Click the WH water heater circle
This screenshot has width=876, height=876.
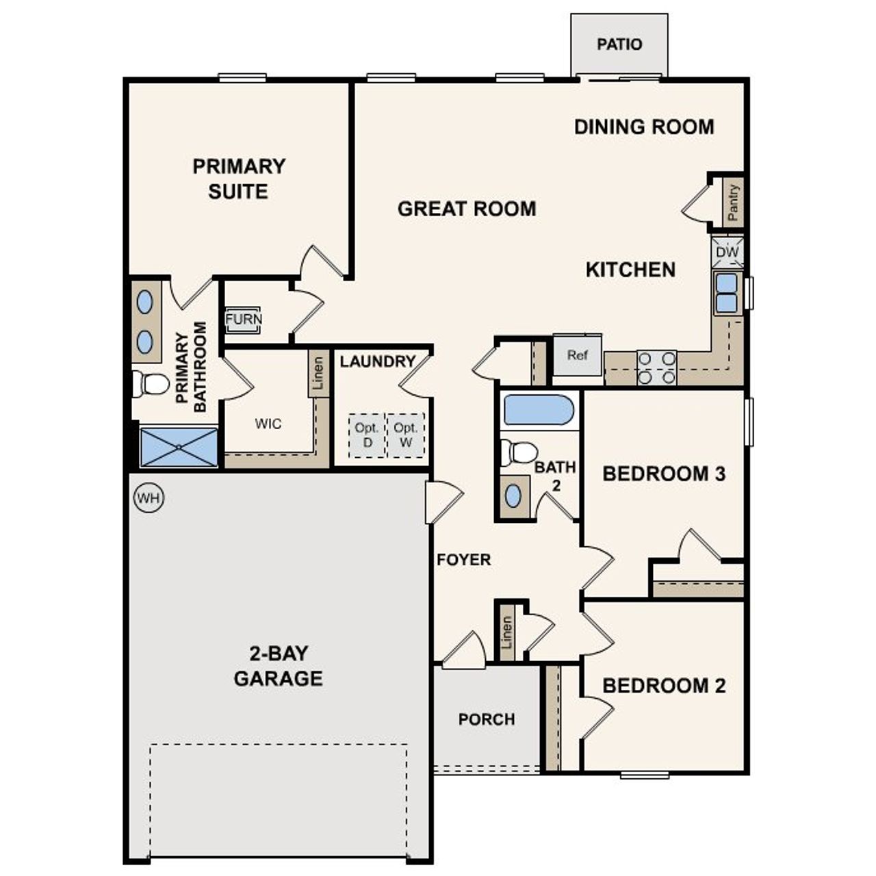tap(149, 498)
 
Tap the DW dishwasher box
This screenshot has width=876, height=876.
tap(727, 253)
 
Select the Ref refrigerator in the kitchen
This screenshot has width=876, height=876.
tap(577, 355)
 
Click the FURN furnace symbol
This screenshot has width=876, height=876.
tap(243, 320)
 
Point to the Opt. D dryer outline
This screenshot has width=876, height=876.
tap(367, 435)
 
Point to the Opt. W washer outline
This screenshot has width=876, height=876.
tap(406, 435)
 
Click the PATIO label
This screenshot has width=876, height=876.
tap(619, 44)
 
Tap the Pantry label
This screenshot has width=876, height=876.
tap(733, 203)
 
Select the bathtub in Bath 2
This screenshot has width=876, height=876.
tap(538, 410)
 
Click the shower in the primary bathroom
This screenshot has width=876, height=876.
tap(179, 447)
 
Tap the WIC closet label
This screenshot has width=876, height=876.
tap(268, 424)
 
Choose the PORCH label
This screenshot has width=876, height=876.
tap(487, 719)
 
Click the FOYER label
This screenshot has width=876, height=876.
tap(464, 560)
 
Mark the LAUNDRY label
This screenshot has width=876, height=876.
tap(378, 361)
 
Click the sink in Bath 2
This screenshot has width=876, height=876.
tap(513, 495)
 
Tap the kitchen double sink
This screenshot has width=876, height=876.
tap(726, 293)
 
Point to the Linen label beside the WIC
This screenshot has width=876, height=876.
tap(318, 374)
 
